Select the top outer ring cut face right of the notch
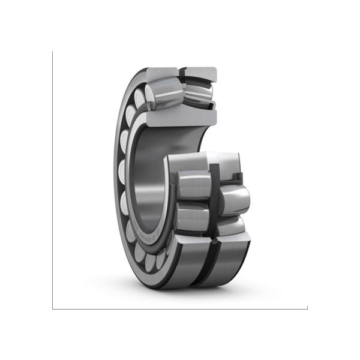200,74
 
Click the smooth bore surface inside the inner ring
147,180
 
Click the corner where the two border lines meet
53,309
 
